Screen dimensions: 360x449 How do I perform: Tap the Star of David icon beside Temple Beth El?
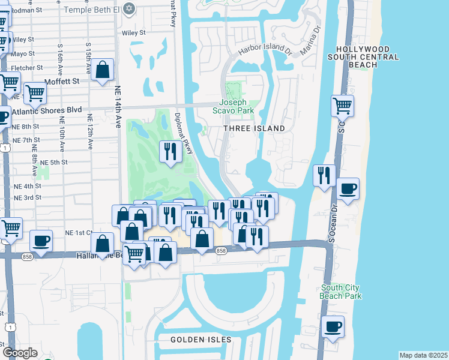coord(128,8)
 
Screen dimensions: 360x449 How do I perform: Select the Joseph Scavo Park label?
coord(234,106)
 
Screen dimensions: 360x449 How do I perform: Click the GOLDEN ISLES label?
coord(201,340)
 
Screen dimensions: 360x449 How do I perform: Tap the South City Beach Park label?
coord(340,292)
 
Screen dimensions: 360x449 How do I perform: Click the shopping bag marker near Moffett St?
coord(103,69)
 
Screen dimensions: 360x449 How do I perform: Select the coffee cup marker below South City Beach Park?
coord(332,327)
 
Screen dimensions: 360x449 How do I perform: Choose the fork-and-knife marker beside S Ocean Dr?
coord(324,175)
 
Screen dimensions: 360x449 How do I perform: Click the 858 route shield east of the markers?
coord(221,251)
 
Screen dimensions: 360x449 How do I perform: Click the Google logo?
coord(20,353)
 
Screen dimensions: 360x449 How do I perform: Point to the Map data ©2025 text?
coord(423,355)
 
